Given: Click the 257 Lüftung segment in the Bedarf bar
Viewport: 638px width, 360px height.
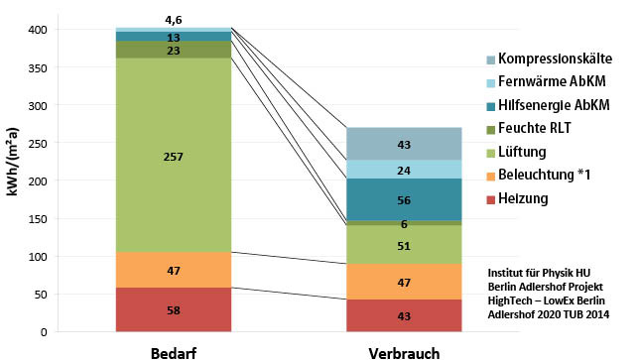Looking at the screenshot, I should coord(174,156).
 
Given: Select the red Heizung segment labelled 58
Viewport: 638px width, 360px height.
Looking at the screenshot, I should coord(174,310).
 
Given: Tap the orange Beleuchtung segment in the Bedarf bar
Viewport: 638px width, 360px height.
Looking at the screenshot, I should coord(174,270).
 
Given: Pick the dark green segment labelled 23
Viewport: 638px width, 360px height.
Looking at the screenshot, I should coord(174,50).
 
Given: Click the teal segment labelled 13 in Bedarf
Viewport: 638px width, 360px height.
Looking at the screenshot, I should coord(174,37).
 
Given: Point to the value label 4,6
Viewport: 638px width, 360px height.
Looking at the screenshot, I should coord(174,19).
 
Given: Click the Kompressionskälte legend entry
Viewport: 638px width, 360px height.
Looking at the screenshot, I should coord(559,60).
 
